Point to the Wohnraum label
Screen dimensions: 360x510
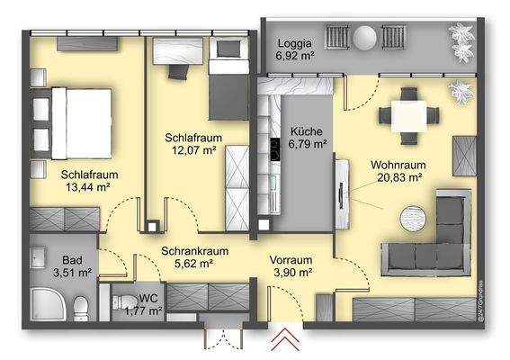point(396,166)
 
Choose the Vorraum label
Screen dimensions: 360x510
point(291,259)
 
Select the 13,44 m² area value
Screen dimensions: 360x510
point(86,187)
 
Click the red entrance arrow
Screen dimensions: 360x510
point(287,340)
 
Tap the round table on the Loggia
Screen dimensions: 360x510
point(365,39)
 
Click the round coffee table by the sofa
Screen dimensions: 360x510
point(416,218)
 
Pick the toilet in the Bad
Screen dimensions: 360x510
point(79,306)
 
